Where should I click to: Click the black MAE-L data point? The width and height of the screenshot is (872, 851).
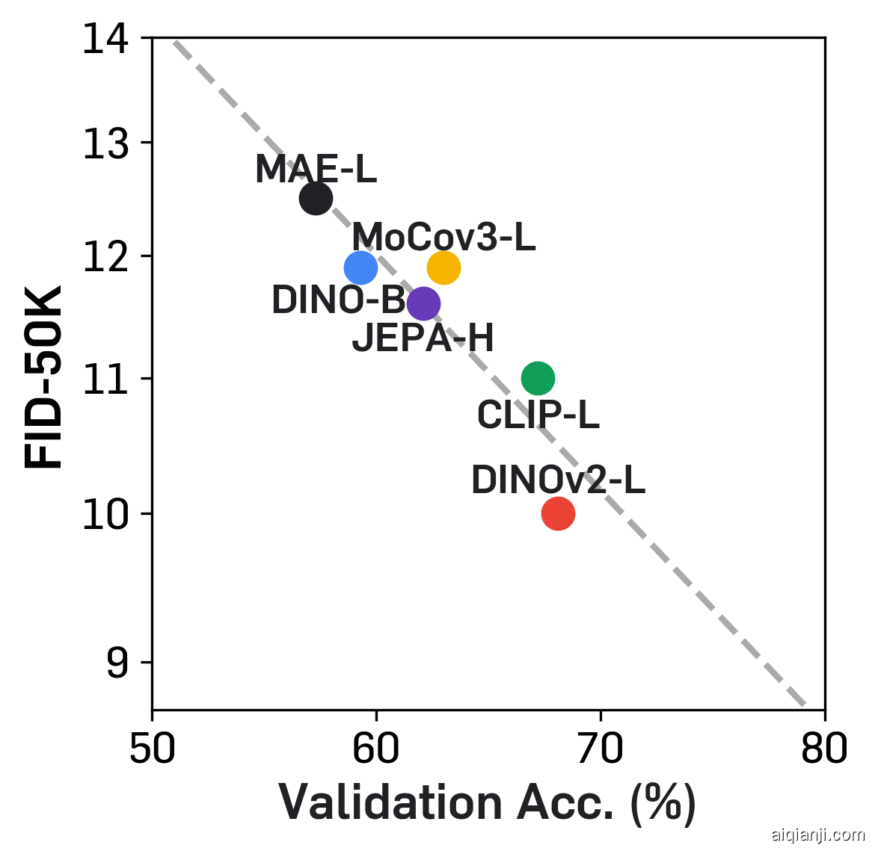316,198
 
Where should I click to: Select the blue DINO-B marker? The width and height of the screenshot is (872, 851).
360,267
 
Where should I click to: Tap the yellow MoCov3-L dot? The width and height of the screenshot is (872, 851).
443,267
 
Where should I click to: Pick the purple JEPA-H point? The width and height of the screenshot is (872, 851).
423,303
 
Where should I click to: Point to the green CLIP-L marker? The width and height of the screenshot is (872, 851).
538,378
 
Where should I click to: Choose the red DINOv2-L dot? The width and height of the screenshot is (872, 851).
558,513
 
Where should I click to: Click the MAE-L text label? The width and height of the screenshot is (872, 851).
316,170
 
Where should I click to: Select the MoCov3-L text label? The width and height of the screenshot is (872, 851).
443,238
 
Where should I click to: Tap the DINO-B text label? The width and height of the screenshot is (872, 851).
338,300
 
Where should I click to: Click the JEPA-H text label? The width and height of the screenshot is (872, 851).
423,338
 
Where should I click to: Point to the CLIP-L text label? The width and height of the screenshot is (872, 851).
538,415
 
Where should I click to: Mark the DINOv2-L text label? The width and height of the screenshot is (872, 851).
558,480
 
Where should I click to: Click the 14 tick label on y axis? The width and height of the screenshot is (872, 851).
104,39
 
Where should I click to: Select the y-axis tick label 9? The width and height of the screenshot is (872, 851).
117,663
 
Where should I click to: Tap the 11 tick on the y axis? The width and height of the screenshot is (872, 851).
104,379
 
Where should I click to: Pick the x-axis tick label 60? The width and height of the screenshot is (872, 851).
376,749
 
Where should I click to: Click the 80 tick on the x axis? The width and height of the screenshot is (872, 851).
824,749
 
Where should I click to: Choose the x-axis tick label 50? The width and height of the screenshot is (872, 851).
153,749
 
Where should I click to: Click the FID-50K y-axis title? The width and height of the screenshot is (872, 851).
44,377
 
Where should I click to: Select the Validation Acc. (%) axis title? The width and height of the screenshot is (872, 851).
488,804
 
